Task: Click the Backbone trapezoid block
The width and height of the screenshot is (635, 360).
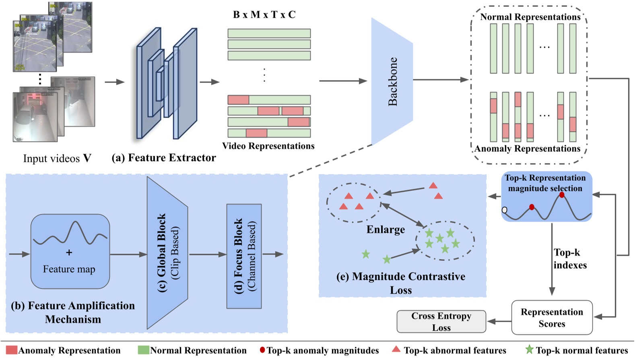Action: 392,81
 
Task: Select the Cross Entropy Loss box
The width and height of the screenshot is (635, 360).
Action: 441,321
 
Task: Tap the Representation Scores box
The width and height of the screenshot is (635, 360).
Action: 552,318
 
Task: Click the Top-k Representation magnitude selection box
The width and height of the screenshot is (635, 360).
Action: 546,197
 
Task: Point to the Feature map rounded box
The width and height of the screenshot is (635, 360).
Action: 70,251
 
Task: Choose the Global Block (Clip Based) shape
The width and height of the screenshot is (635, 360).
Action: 167,253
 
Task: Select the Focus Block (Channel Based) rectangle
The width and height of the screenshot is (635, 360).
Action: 244,256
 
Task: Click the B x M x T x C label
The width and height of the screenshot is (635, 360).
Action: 264,15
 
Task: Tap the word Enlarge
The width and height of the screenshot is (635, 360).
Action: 386,230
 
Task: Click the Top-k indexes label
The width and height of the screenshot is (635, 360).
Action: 569,259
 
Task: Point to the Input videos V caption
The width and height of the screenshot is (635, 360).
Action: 57,159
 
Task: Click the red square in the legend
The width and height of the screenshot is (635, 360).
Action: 12,350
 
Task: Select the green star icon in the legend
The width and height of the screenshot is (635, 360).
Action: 529,350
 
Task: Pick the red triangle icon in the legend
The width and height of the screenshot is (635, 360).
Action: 396,349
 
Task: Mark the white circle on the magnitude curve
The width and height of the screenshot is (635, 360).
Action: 505,210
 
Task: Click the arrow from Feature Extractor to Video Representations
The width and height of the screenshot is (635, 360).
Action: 209,82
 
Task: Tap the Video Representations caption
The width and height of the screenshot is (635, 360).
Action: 268,146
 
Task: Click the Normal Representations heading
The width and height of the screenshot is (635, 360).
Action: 530,17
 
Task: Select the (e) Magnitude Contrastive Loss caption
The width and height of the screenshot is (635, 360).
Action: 401,283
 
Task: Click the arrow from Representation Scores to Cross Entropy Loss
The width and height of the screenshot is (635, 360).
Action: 499,321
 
